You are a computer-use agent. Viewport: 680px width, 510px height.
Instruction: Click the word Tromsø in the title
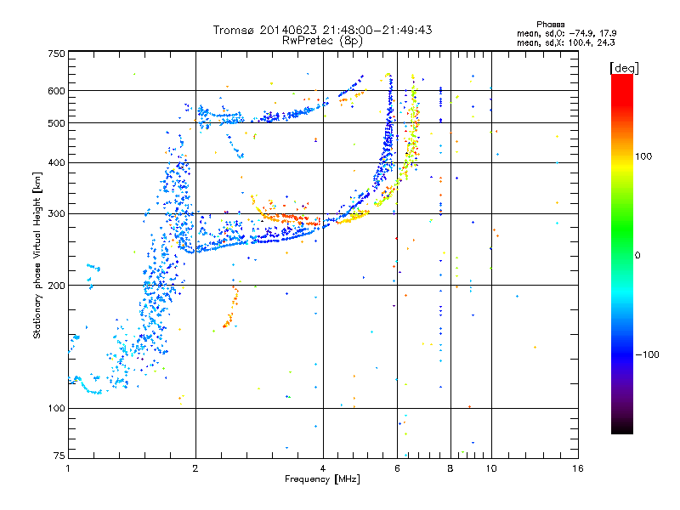pyautogui.click(x=234, y=30)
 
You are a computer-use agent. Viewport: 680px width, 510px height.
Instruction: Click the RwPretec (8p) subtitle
pyautogui.click(x=322, y=41)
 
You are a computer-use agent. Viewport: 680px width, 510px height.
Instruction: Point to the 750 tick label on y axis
pyautogui.click(x=57, y=54)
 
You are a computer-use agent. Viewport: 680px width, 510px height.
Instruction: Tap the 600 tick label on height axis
pyautogui.click(x=57, y=91)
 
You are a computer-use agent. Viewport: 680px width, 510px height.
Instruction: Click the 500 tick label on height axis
pyautogui.click(x=57, y=123)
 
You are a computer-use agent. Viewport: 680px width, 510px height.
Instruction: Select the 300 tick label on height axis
pyautogui.click(x=57, y=213)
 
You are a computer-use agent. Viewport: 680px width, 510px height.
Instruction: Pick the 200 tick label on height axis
pyautogui.click(x=57, y=286)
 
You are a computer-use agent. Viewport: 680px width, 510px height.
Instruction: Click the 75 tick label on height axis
pyautogui.click(x=59, y=456)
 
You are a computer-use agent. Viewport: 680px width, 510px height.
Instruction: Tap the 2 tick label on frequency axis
pyautogui.click(x=195, y=468)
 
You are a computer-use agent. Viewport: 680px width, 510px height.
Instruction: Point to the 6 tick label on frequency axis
pyautogui.click(x=397, y=468)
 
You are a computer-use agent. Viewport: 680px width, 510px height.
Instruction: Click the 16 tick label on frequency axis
pyautogui.click(x=578, y=468)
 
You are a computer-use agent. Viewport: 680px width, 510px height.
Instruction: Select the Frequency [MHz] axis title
pyautogui.click(x=322, y=479)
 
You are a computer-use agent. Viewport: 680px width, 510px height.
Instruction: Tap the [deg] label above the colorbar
pyautogui.click(x=624, y=68)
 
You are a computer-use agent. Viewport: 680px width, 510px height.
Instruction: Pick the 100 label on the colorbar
pyautogui.click(x=643, y=156)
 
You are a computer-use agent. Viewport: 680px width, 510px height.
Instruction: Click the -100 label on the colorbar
pyautogui.click(x=648, y=354)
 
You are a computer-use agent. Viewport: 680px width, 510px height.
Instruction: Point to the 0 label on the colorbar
pyautogui.click(x=637, y=256)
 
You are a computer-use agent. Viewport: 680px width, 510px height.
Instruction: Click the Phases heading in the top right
pyautogui.click(x=550, y=25)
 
